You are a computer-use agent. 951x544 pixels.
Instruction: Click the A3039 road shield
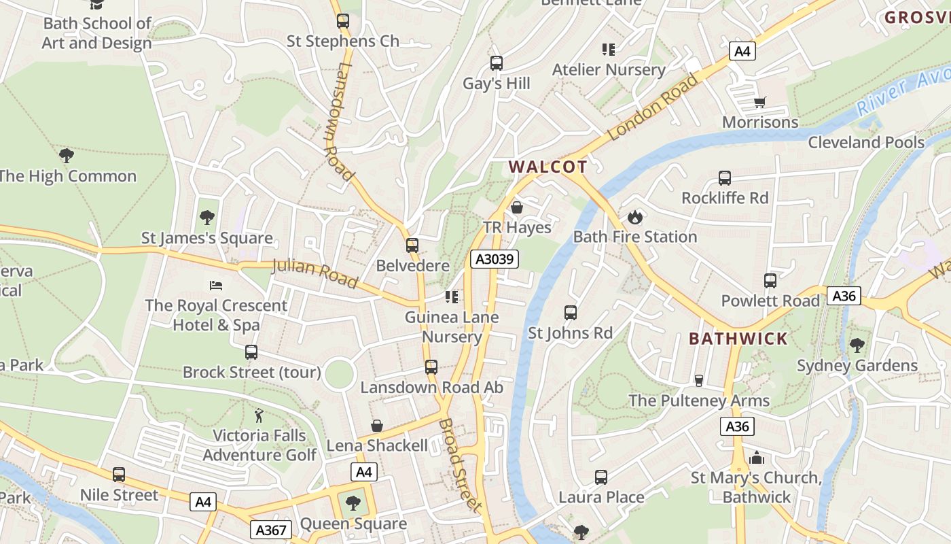pos(495,259)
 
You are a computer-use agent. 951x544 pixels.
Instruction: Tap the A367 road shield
pos(273,529)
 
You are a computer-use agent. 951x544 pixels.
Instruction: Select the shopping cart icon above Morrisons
pos(760,103)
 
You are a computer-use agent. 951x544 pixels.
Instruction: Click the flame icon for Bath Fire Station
pos(635,217)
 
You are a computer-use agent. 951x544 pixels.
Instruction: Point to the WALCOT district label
pos(548,167)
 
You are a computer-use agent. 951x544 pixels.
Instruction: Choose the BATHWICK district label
pos(738,338)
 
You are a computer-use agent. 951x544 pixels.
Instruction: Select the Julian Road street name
pos(315,272)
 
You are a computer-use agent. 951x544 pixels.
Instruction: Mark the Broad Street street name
pos(460,464)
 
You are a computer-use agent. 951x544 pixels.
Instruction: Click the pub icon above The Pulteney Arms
pos(698,380)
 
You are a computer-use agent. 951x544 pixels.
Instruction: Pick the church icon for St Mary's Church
pos(757,458)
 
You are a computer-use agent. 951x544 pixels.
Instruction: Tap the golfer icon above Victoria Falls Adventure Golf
pos(259,415)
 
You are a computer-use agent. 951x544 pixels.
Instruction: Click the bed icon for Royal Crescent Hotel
pos(216,285)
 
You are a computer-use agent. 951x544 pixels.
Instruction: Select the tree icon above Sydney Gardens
pos(857,345)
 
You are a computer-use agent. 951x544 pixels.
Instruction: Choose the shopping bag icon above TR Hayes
pos(517,207)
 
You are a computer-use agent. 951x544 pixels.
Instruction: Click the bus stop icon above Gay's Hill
pos(497,63)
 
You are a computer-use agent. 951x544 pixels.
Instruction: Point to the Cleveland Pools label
pos(866,142)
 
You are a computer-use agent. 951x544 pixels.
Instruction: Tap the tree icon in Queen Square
pos(353,503)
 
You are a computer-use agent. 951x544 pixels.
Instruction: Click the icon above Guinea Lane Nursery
pos(452,296)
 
